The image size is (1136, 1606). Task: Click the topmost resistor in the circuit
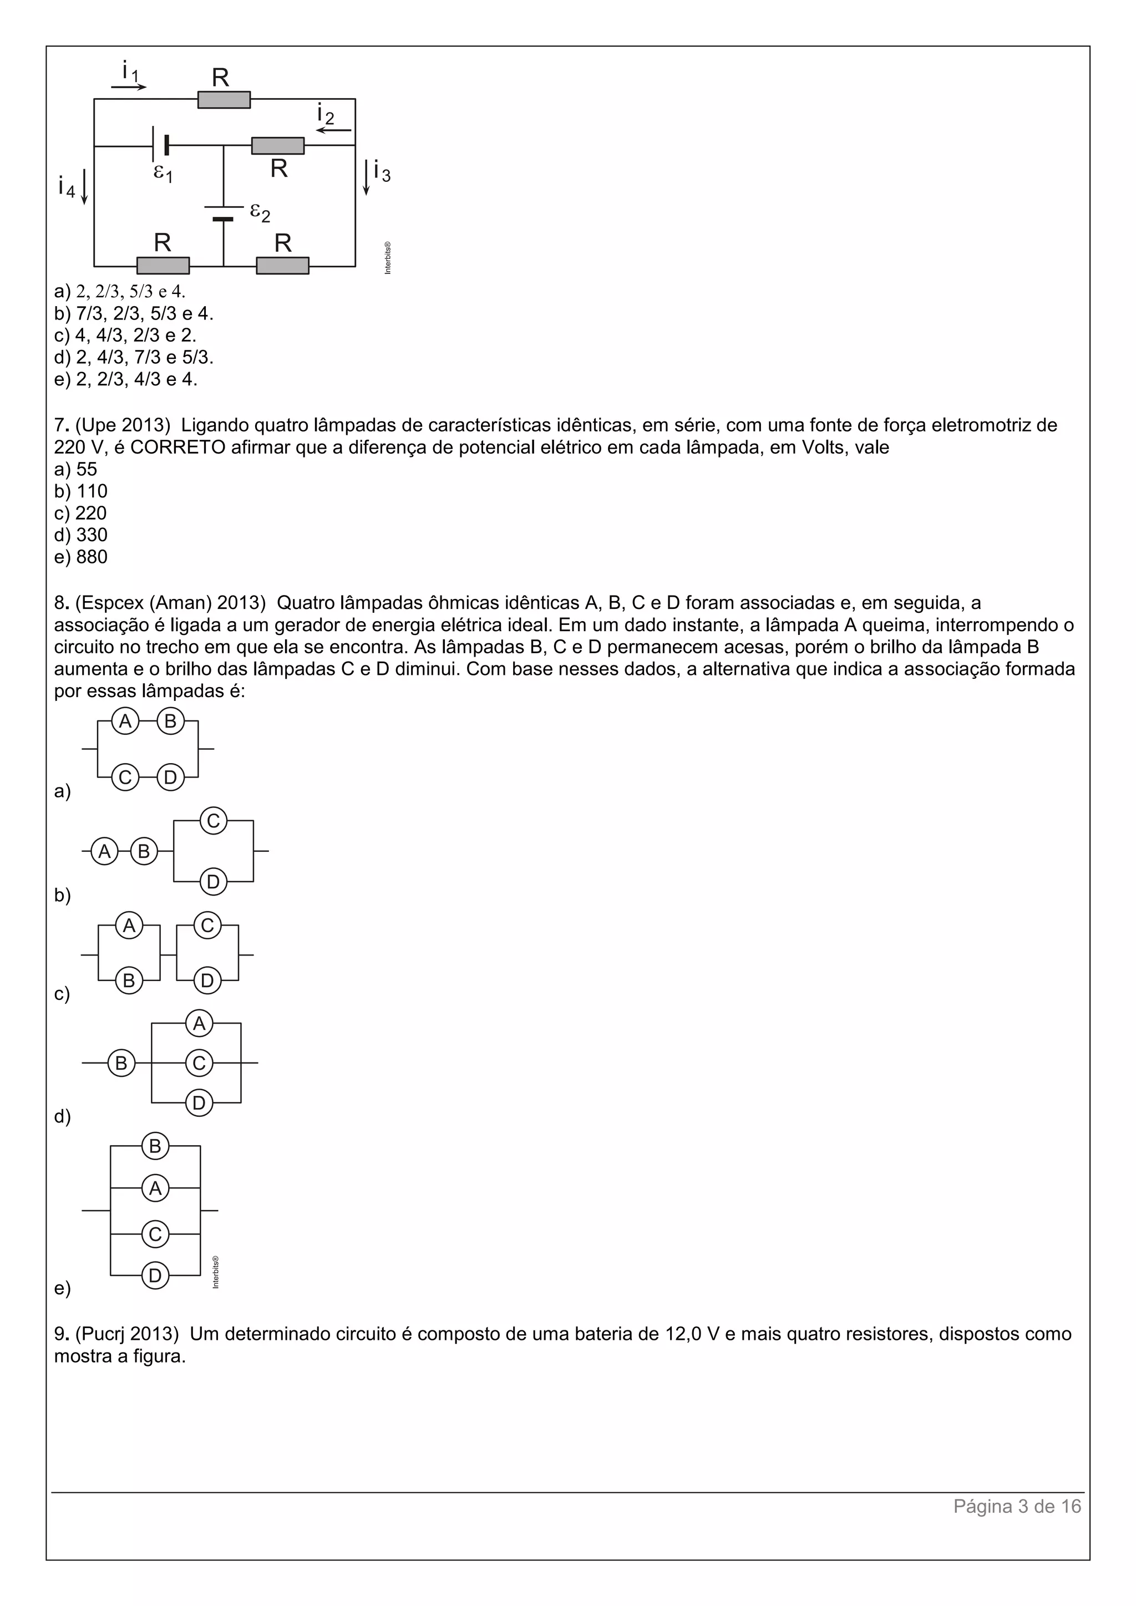coord(224,100)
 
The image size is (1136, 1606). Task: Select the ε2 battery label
coord(260,212)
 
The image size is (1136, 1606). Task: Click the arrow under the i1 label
coord(129,87)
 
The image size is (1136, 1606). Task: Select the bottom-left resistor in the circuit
coord(163,266)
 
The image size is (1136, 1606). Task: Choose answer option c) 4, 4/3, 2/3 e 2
coord(126,335)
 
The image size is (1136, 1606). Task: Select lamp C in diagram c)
coord(207,926)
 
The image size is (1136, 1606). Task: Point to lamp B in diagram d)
coord(121,1063)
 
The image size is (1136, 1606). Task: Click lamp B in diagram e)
coord(155,1146)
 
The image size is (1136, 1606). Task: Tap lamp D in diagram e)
coord(155,1276)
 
